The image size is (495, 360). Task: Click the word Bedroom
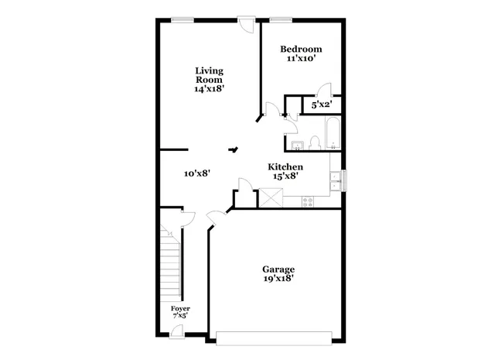pyautogui.click(x=300, y=49)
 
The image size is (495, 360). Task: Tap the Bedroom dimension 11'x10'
pyautogui.click(x=300, y=58)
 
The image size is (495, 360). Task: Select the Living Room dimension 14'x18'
pyautogui.click(x=209, y=89)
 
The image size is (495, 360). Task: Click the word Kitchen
pyautogui.click(x=285, y=166)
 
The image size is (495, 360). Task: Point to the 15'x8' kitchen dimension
pyautogui.click(x=285, y=176)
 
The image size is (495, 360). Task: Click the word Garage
pyautogui.click(x=278, y=269)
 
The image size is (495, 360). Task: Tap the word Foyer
pyautogui.click(x=180, y=308)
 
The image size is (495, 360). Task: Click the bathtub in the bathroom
pyautogui.click(x=331, y=133)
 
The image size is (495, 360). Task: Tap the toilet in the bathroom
pyautogui.click(x=314, y=141)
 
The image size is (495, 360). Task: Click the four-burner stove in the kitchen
pyautogui.click(x=307, y=201)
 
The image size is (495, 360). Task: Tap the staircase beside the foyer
pyautogui.click(x=170, y=263)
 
